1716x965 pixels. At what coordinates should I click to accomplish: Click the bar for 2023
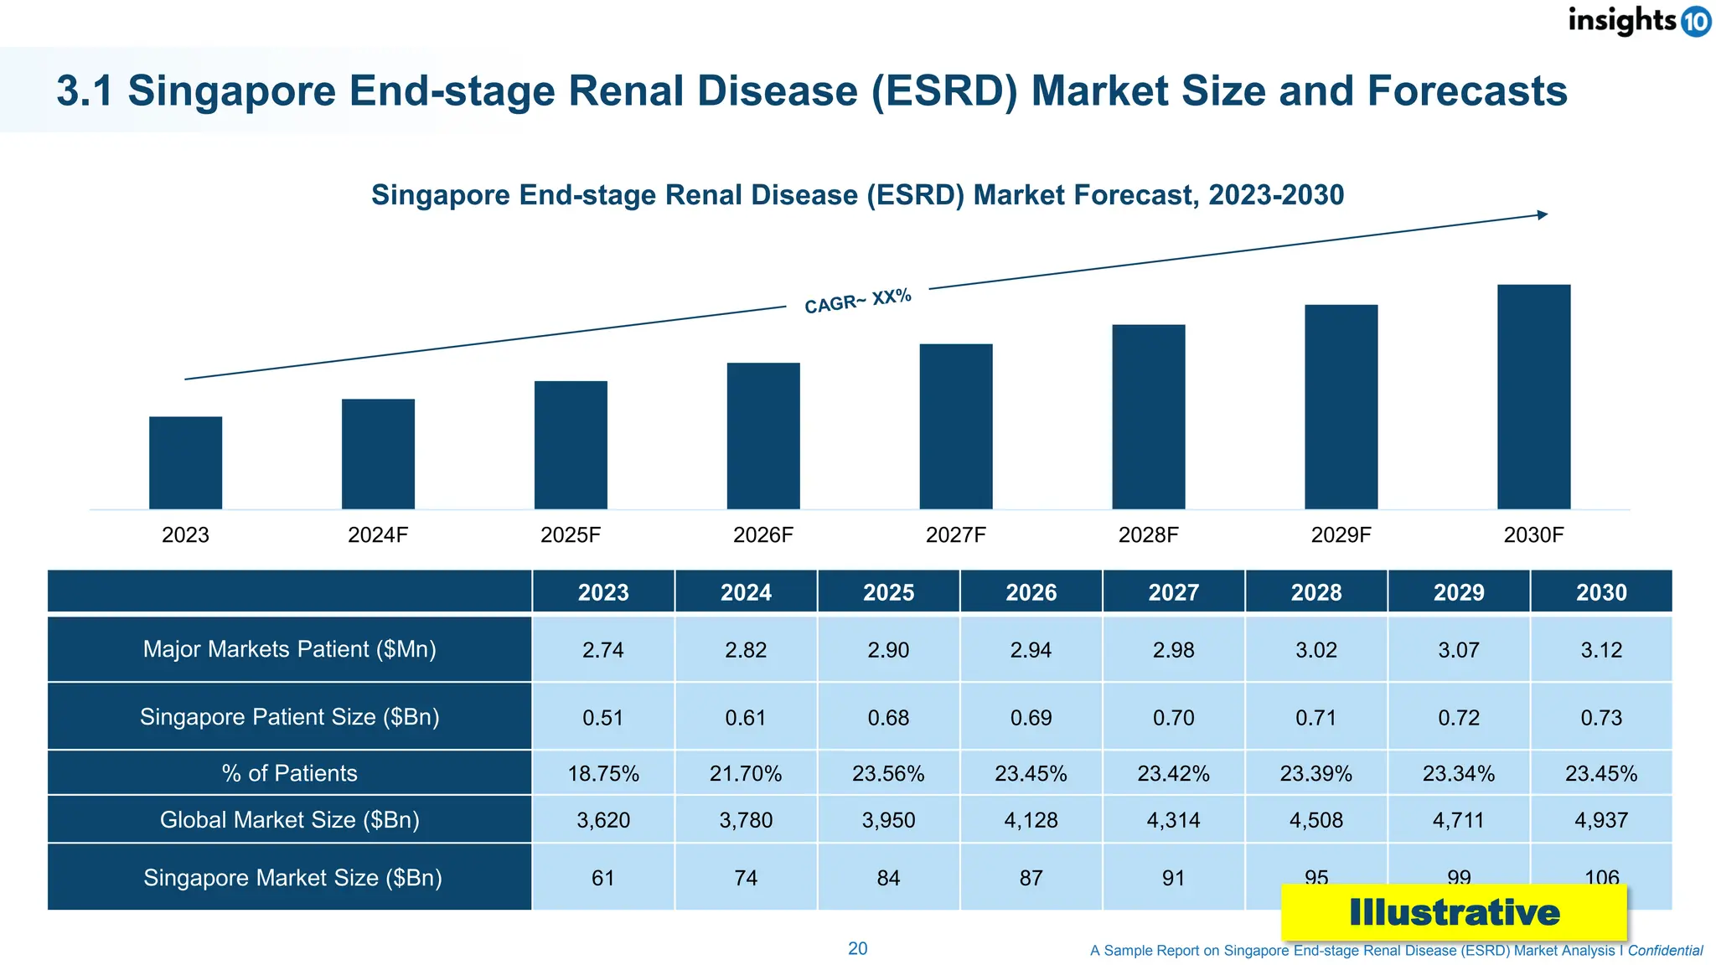point(185,462)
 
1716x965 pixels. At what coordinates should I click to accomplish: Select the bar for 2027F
point(956,426)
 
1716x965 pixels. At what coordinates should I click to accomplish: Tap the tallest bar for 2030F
point(1533,396)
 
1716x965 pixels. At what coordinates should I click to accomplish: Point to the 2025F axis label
point(571,535)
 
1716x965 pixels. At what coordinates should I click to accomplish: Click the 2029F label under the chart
point(1341,535)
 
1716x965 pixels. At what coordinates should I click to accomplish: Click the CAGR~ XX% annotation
point(857,301)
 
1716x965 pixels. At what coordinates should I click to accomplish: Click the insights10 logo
point(1638,20)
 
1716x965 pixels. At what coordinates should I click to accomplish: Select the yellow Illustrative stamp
point(1454,913)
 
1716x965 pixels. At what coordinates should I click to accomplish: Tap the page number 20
point(857,949)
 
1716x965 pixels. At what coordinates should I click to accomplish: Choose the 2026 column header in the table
point(1031,592)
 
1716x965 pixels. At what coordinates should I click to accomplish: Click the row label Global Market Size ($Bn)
point(290,819)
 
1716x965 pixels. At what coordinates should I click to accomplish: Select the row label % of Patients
point(290,773)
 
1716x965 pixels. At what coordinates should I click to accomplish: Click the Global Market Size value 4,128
point(1031,820)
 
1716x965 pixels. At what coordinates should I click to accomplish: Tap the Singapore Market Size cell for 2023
point(603,878)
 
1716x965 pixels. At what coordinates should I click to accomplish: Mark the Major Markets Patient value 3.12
point(1601,650)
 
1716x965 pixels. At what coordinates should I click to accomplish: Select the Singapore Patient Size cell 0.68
point(888,718)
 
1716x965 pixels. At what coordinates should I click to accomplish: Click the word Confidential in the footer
point(1665,951)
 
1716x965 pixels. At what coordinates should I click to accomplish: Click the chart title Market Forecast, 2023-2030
point(857,195)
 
